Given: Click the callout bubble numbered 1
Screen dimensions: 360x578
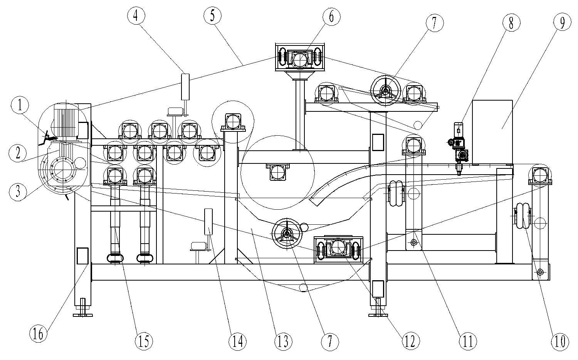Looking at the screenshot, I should [20, 104].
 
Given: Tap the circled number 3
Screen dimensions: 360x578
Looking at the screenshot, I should [18, 191].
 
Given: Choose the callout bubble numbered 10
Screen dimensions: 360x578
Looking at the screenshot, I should [559, 341].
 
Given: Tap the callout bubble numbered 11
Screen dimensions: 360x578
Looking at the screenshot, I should [467, 341].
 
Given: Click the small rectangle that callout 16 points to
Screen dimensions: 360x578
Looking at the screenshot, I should [82, 256].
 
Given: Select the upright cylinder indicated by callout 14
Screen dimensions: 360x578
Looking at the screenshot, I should [208, 222].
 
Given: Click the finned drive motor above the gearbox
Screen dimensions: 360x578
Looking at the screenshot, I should [65, 119].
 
